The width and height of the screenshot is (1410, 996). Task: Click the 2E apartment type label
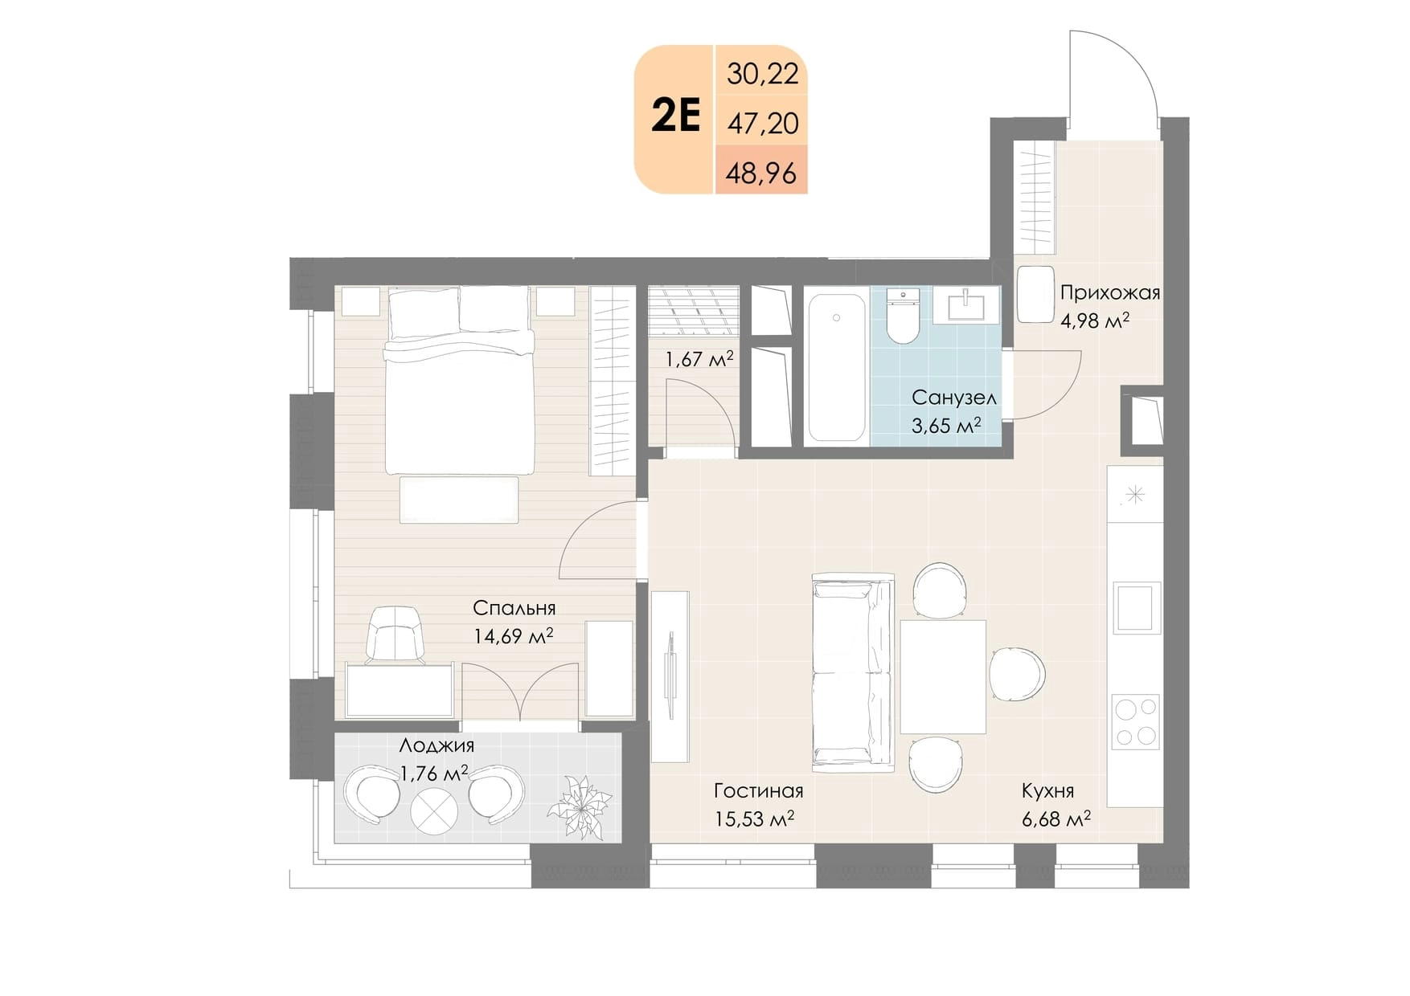point(676,116)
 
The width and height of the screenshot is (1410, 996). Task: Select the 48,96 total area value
point(761,173)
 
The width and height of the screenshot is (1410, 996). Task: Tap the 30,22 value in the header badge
point(763,74)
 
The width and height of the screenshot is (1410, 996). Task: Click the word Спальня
point(514,608)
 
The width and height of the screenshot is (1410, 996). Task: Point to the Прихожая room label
point(1110,293)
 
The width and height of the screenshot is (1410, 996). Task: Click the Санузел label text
point(954,398)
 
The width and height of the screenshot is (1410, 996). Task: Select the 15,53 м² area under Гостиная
point(754,819)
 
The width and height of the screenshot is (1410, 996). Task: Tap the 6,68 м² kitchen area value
point(1055,819)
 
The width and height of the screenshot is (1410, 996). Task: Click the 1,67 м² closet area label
point(699,359)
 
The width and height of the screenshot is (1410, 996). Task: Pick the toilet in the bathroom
point(903,316)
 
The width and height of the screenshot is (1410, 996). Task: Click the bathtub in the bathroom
point(837,368)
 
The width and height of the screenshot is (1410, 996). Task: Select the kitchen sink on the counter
point(1136,607)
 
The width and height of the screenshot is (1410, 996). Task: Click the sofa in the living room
point(853,673)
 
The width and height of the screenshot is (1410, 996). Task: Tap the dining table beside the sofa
point(943,676)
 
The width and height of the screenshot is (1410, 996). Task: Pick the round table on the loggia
point(434,811)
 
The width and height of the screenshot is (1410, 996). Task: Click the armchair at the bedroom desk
point(396,635)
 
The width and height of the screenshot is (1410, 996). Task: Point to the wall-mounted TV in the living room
point(670,677)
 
